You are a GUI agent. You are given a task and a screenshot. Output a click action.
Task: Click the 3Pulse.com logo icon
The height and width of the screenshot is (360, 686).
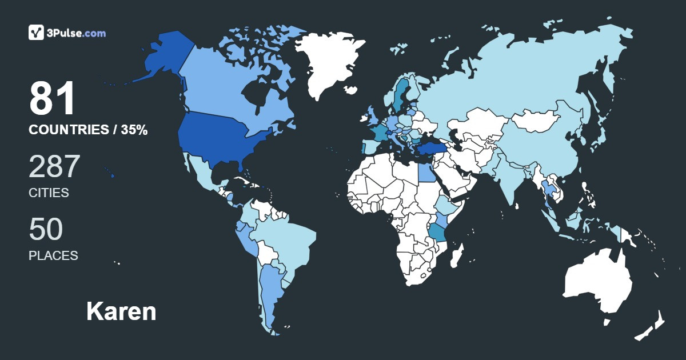(x=37, y=33)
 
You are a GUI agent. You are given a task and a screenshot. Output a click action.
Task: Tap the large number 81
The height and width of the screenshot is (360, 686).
(x=53, y=99)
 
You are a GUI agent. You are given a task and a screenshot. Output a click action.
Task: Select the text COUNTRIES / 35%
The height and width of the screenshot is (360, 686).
(x=88, y=130)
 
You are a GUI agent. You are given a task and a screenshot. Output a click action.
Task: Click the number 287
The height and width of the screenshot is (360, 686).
(x=54, y=167)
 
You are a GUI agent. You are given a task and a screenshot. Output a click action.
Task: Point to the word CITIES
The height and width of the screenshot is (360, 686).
(x=49, y=193)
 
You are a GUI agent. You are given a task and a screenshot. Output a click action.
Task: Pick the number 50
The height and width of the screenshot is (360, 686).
(x=46, y=230)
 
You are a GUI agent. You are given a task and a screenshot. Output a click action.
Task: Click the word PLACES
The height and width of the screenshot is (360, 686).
(x=53, y=255)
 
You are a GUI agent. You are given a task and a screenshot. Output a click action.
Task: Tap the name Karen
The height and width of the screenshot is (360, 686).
(x=121, y=311)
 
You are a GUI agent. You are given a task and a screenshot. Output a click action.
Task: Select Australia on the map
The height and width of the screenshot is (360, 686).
(x=597, y=283)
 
